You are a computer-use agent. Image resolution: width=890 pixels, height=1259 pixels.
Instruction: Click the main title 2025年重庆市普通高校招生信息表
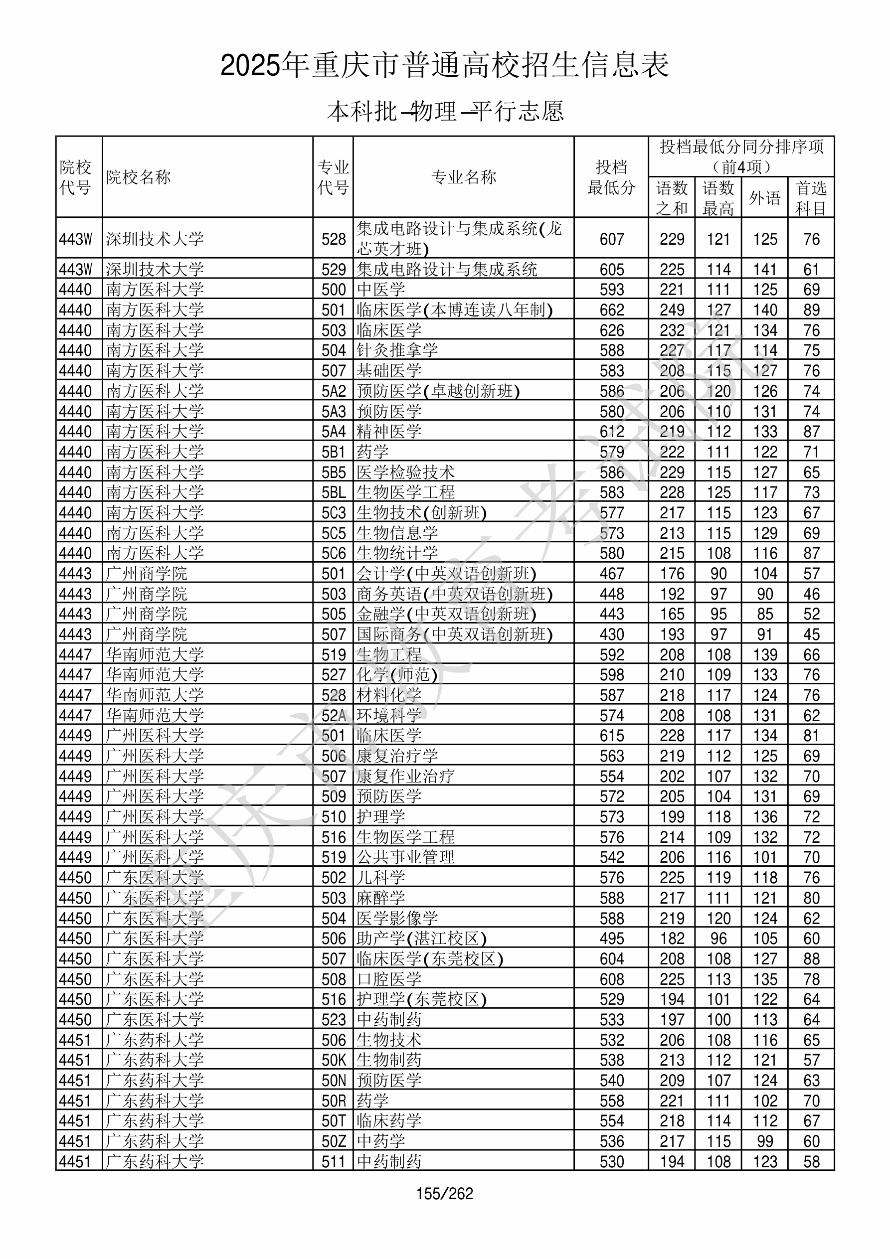click(444, 66)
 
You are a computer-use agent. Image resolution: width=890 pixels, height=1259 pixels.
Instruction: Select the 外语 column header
click(764, 197)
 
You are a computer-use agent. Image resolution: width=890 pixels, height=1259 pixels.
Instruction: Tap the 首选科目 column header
click(811, 197)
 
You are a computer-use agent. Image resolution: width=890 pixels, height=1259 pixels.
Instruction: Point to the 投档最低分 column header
click(611, 177)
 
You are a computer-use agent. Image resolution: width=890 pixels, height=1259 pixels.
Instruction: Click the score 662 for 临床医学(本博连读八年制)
click(612, 310)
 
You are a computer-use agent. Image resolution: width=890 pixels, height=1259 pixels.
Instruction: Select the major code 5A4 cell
click(334, 432)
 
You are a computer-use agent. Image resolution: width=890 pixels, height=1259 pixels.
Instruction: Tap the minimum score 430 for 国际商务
click(612, 634)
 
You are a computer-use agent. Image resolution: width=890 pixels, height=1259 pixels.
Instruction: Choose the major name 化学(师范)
click(397, 675)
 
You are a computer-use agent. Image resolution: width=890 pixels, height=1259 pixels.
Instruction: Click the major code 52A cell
click(334, 716)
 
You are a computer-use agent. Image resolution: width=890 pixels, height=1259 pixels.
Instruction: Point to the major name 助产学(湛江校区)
click(421, 938)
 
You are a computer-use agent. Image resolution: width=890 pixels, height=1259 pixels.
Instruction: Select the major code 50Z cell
click(334, 1141)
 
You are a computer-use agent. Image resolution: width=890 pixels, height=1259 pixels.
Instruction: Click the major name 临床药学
click(389, 1121)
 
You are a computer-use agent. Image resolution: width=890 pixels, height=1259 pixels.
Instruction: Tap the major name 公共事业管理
click(405, 857)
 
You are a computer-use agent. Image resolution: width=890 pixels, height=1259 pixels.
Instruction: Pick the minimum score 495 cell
click(612, 938)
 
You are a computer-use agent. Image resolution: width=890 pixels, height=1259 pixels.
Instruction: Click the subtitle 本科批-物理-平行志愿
click(444, 111)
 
